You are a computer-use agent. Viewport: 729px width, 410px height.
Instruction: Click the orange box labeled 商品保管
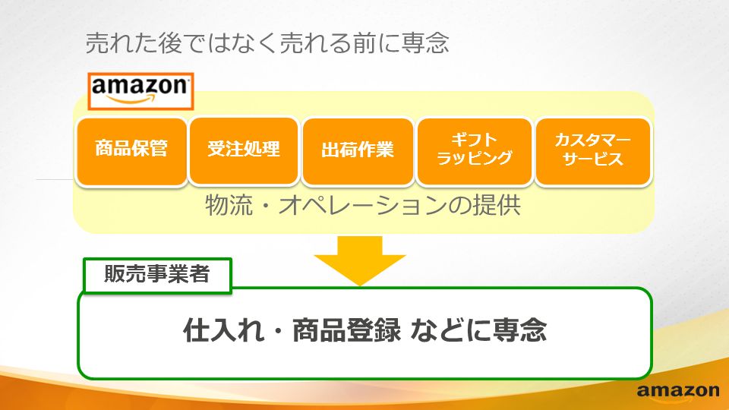tap(131, 152)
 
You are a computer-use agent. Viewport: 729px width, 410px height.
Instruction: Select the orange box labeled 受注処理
tap(244, 151)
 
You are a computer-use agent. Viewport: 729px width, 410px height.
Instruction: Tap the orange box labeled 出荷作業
tap(358, 152)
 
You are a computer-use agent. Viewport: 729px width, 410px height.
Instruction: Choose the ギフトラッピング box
tap(474, 152)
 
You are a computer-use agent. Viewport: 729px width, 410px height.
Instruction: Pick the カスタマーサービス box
tap(593, 152)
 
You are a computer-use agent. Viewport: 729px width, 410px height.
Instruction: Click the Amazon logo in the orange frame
tap(140, 91)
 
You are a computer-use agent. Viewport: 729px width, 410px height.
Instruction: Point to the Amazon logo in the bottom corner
tap(678, 392)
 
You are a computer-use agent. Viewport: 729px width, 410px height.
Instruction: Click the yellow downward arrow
tap(360, 260)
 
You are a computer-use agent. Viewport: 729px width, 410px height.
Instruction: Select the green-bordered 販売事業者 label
tap(157, 275)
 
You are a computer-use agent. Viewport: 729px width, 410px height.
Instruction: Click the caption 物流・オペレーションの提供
tap(363, 205)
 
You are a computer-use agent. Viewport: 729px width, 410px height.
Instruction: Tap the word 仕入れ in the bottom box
tap(223, 330)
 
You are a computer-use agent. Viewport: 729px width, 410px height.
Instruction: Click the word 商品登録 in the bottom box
tap(346, 330)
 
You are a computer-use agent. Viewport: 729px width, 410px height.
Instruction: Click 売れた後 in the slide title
tap(133, 43)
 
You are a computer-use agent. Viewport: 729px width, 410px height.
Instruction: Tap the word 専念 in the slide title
tap(425, 43)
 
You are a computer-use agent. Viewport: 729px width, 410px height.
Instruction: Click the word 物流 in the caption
tap(229, 205)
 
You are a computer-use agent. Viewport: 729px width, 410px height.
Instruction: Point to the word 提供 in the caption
tap(497, 205)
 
